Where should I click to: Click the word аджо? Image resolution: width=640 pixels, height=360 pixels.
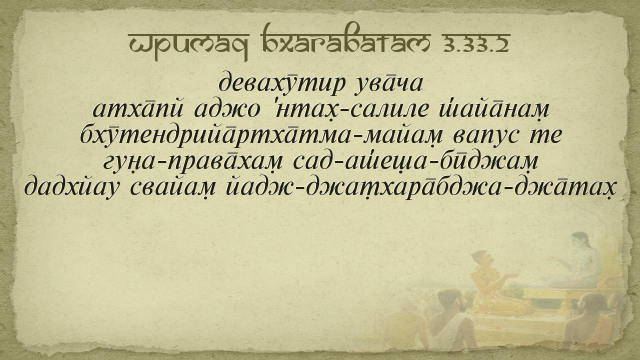click(x=227, y=109)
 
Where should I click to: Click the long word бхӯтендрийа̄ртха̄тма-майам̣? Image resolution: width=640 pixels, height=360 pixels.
click(x=261, y=135)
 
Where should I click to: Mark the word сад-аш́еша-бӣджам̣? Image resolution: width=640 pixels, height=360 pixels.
click(x=416, y=161)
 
